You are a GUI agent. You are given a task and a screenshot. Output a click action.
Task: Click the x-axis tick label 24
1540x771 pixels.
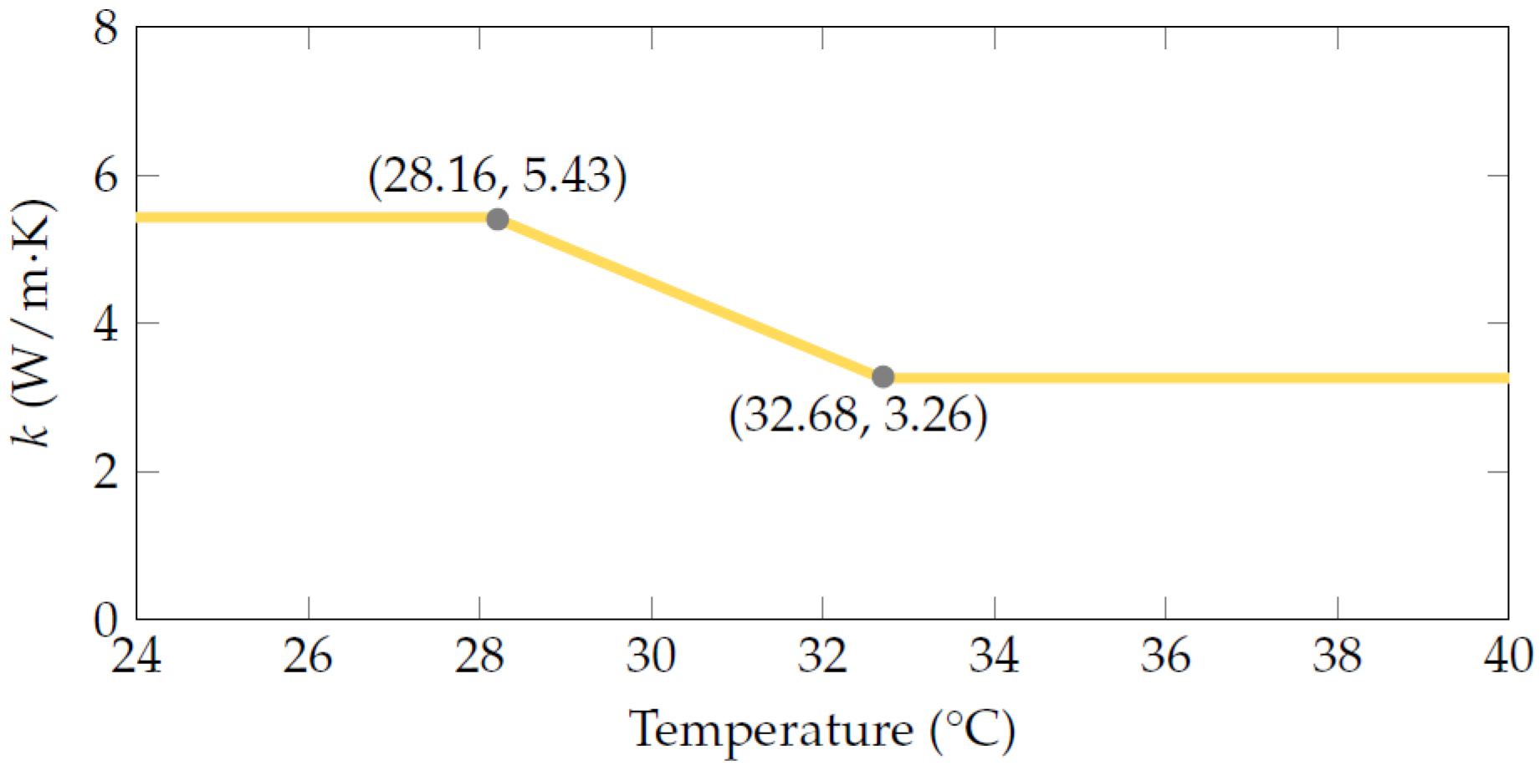coord(136,656)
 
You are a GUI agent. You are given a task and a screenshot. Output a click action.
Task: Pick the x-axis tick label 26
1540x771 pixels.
coord(308,656)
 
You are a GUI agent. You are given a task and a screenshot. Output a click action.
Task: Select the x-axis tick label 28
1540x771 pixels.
coord(479,656)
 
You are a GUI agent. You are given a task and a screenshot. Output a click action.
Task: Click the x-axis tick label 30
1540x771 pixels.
coord(651,656)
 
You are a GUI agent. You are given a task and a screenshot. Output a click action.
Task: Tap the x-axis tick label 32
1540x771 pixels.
coord(822,656)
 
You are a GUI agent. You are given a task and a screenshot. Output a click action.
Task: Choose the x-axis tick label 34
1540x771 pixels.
coord(994,656)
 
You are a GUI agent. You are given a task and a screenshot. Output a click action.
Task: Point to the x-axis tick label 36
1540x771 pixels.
coord(1165,656)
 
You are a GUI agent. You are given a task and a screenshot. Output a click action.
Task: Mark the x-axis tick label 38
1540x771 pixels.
coord(1337,656)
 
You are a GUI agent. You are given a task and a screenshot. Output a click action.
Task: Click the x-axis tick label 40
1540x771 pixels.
coord(1508,656)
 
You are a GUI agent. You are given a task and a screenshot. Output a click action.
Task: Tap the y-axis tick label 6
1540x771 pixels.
coord(106,176)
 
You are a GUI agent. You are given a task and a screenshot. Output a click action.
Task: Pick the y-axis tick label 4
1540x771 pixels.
coord(106,324)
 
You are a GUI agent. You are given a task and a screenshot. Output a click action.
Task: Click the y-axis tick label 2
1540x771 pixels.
coord(106,472)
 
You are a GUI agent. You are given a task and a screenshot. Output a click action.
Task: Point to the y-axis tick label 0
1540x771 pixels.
coord(106,620)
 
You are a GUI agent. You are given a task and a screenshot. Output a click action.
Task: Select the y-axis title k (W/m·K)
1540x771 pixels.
coord(33,324)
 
